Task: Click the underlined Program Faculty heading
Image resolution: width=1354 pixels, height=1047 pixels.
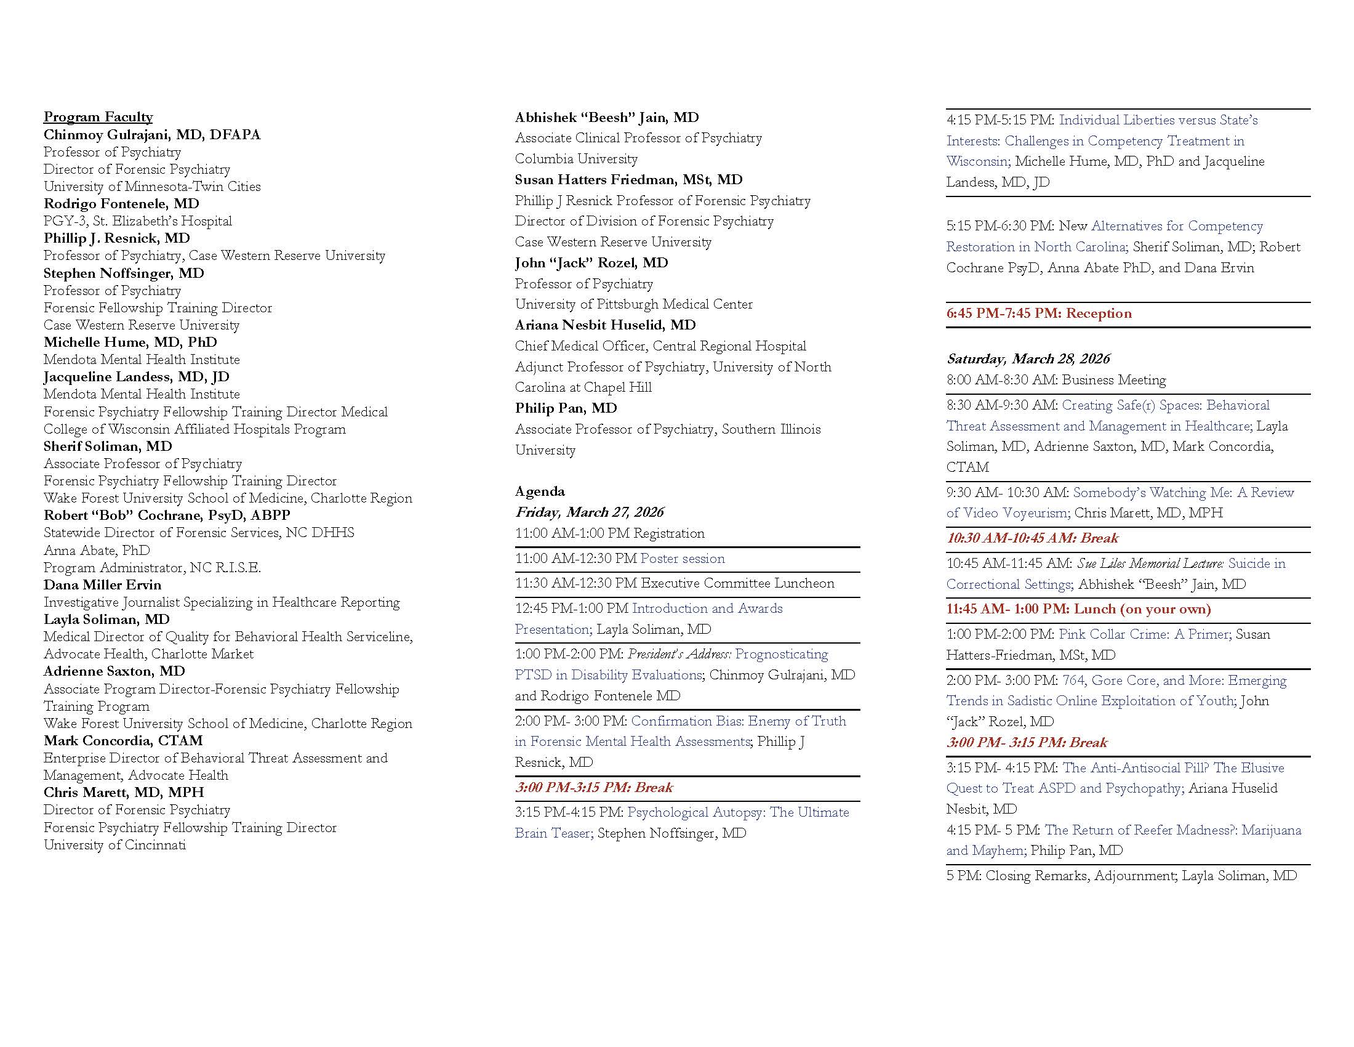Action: [x=98, y=117]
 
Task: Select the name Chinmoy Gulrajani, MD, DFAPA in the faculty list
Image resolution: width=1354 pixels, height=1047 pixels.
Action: [x=152, y=135]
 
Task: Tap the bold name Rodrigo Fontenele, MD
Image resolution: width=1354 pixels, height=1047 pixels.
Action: [x=121, y=203]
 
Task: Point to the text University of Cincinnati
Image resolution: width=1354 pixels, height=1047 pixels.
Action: [x=114, y=845]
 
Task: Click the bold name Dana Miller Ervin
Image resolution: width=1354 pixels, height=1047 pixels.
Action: [x=102, y=584]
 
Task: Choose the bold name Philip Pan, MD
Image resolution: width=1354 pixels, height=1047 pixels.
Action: [x=566, y=408]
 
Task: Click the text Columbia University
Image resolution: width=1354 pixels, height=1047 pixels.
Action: [x=576, y=159]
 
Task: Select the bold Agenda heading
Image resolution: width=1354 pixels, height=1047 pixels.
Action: [x=540, y=491]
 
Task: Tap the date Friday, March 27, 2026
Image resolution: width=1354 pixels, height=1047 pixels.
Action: [x=589, y=512]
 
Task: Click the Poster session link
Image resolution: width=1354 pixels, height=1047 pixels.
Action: [x=683, y=558]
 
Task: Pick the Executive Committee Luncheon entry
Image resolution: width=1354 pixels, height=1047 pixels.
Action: [x=675, y=583]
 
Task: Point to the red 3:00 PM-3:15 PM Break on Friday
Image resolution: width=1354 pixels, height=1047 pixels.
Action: [x=594, y=788]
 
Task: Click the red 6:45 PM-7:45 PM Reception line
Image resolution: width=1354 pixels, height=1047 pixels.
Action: [x=1038, y=313]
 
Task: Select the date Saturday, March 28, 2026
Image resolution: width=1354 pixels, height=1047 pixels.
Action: [x=1028, y=359]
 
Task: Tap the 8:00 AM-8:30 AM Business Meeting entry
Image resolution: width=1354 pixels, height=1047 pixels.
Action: [x=1056, y=379]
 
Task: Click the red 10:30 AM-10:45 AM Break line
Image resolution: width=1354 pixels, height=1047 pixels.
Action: [x=1032, y=538]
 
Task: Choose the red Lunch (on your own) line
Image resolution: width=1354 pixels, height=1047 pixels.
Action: [x=1078, y=609]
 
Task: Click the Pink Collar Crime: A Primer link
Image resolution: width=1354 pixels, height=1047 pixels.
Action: [x=1143, y=634]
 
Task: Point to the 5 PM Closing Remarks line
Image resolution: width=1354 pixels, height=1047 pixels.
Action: [x=1121, y=876]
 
